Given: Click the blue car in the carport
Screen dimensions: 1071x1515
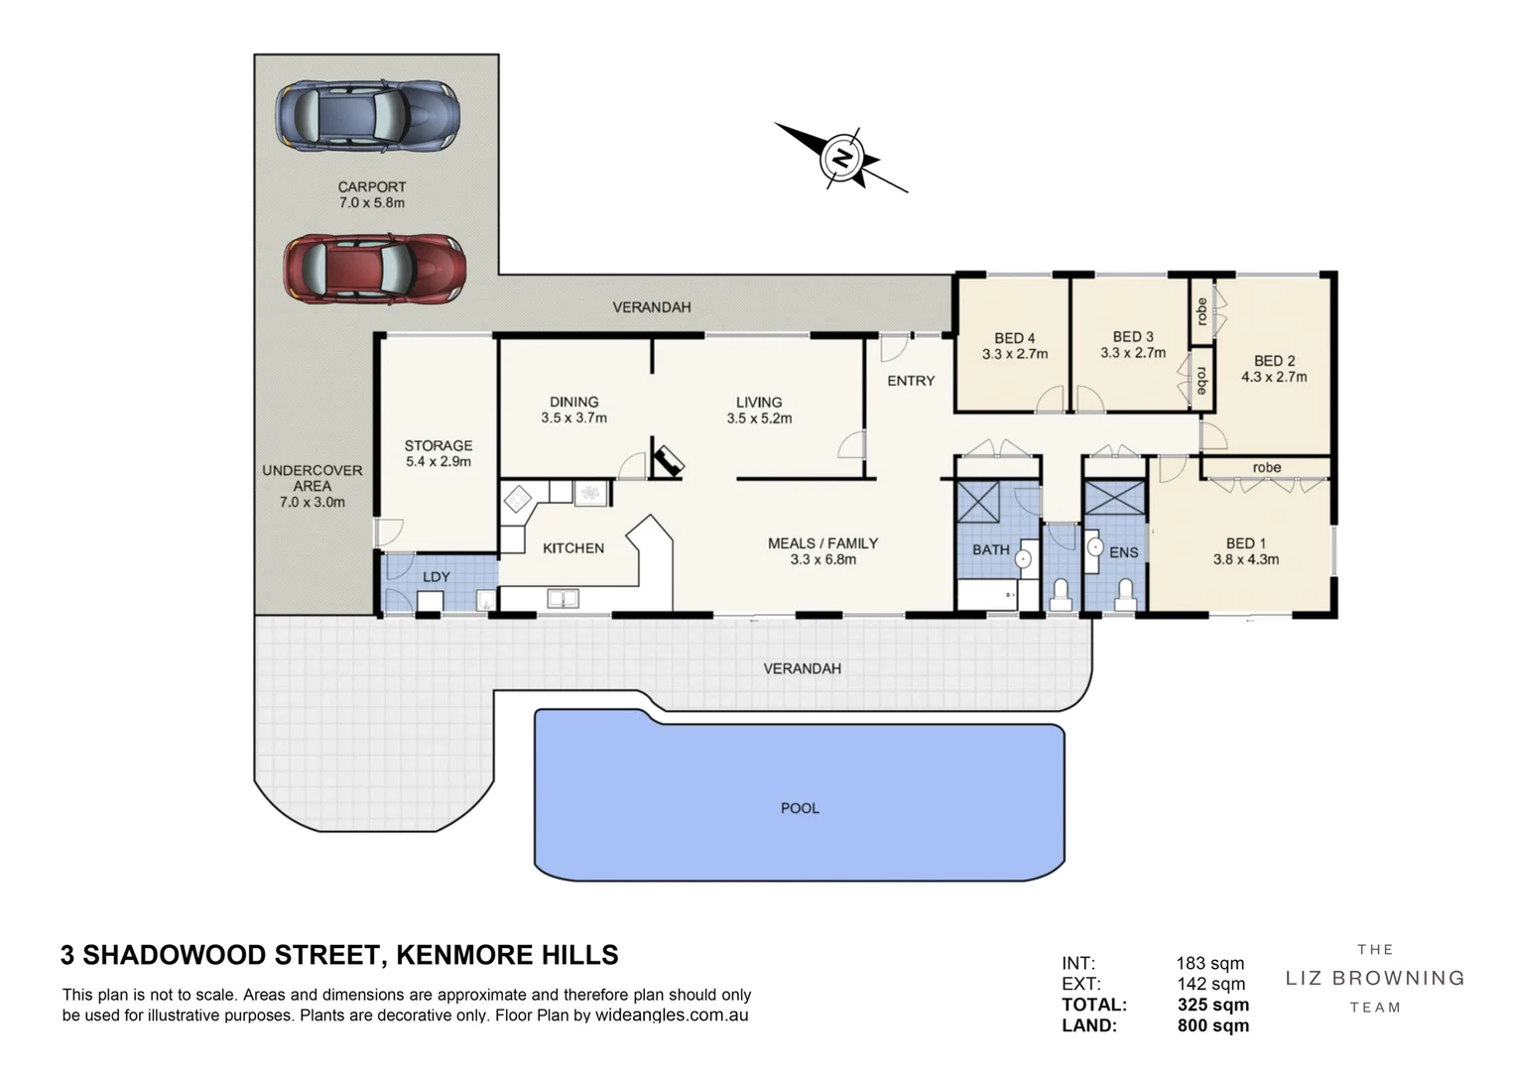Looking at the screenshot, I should pos(367,116).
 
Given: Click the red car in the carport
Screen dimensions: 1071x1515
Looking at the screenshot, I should pos(373,268).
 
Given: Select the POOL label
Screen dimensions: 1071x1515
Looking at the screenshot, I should pos(800,808).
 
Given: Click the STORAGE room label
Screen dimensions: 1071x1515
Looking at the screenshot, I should pos(438,446).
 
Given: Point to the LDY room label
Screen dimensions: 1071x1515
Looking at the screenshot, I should pos(437,576).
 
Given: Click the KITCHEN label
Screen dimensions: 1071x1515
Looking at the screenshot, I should pos(573,547).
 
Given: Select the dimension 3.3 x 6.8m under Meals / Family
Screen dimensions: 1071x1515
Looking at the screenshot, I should pos(822,559).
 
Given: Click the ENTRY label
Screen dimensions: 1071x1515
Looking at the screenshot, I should pos(911,381).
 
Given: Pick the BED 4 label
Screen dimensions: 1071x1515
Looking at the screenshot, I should pos(1014,338).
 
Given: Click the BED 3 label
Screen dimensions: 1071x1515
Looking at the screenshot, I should pos(1133,337).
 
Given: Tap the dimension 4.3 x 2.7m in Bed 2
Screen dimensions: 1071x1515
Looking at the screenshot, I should pos(1274,377).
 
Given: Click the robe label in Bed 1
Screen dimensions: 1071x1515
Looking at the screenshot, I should pos(1266,467).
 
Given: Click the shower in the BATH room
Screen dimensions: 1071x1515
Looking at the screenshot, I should pos(978,501).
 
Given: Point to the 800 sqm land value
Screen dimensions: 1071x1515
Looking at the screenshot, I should pos(1212,1025).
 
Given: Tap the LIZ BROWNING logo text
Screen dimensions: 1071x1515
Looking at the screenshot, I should pos(1375,978).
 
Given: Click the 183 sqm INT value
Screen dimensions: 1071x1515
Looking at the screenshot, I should pos(1209,963).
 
